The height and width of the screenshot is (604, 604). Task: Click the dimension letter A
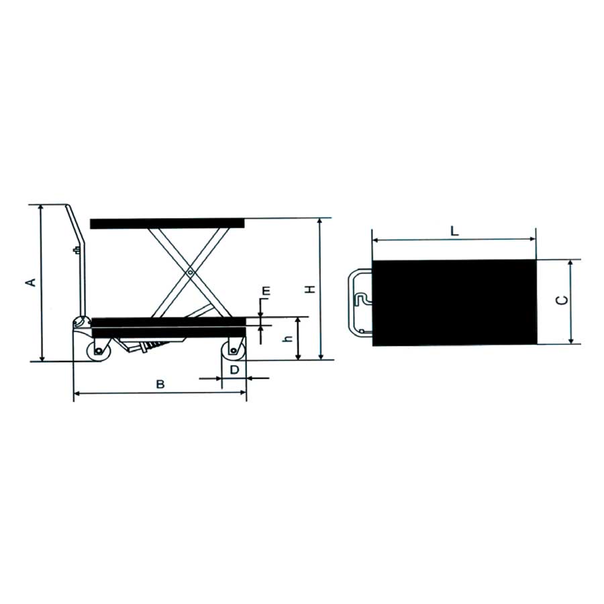(31, 282)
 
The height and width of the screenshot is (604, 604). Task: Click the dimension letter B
(160, 384)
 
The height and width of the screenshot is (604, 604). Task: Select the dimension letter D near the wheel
(235, 370)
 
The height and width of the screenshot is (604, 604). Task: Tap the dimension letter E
(266, 291)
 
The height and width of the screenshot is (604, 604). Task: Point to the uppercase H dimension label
(310, 289)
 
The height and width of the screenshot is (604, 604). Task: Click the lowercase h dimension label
(288, 339)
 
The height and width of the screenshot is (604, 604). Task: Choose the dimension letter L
(454, 231)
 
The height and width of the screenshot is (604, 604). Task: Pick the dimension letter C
(562, 300)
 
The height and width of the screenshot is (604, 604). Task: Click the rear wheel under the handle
(99, 350)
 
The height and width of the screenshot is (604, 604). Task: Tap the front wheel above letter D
(233, 350)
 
